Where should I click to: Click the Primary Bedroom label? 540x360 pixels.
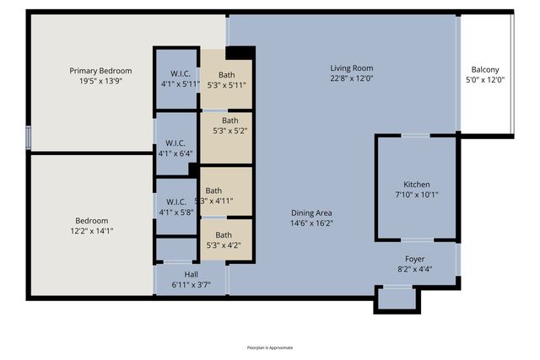[100, 71]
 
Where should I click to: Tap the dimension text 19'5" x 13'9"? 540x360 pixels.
[100, 82]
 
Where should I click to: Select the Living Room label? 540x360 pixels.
[351, 68]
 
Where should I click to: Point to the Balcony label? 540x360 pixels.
[484, 70]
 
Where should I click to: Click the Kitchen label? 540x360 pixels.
[416, 184]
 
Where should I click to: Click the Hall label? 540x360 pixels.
[192, 274]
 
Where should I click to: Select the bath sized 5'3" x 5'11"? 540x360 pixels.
[226, 79]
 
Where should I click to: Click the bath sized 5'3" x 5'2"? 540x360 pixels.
[226, 126]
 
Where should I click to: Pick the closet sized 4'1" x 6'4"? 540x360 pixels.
[175, 148]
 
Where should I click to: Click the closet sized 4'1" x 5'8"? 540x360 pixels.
[175, 207]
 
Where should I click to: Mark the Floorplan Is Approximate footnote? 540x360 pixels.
[270, 347]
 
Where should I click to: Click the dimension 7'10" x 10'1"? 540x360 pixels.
[416, 195]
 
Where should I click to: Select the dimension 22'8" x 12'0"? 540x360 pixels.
[351, 78]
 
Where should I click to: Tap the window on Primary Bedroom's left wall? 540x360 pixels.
[28, 137]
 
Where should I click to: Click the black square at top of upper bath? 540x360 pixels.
[240, 52]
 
